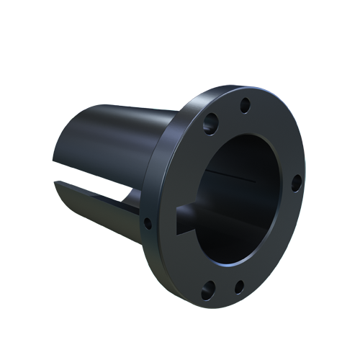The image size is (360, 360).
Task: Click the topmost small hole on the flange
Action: pos(245,105)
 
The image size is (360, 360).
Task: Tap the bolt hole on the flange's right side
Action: pos(296,183)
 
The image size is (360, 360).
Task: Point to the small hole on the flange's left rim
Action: pos(148,223)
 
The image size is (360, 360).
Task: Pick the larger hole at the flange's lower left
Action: pos(208,290)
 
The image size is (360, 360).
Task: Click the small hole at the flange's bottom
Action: pos(240,287)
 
